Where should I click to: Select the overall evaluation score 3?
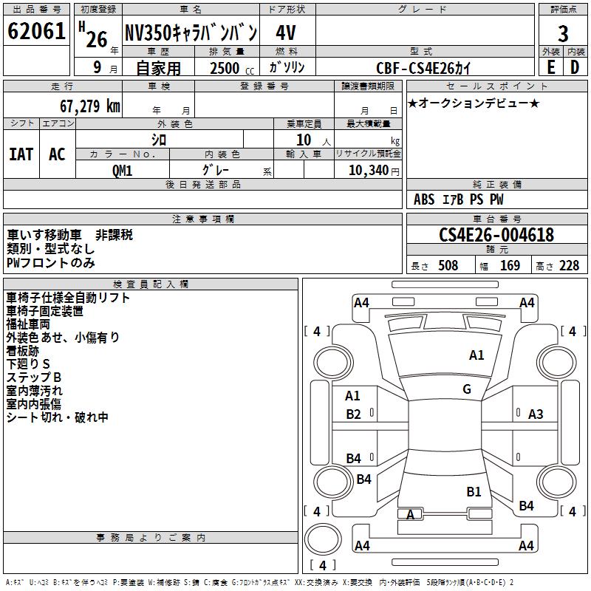coord(563,33)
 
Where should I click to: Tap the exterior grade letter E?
coord(550,66)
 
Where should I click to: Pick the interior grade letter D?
coord(575,66)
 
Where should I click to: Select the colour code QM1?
coord(122,170)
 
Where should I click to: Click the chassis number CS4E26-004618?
coord(496,235)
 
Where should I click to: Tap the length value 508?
coord(448,266)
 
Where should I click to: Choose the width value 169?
coord(510,266)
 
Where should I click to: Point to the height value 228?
coord(569,266)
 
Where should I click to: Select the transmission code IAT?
coord(21,154)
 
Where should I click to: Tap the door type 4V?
coord(287,33)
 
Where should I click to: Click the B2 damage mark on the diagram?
coord(354,414)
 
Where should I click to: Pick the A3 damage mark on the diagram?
coord(536,414)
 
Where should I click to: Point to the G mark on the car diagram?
coord(467,389)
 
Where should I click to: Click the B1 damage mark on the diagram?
coord(474,491)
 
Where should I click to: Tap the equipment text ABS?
coord(424,199)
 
